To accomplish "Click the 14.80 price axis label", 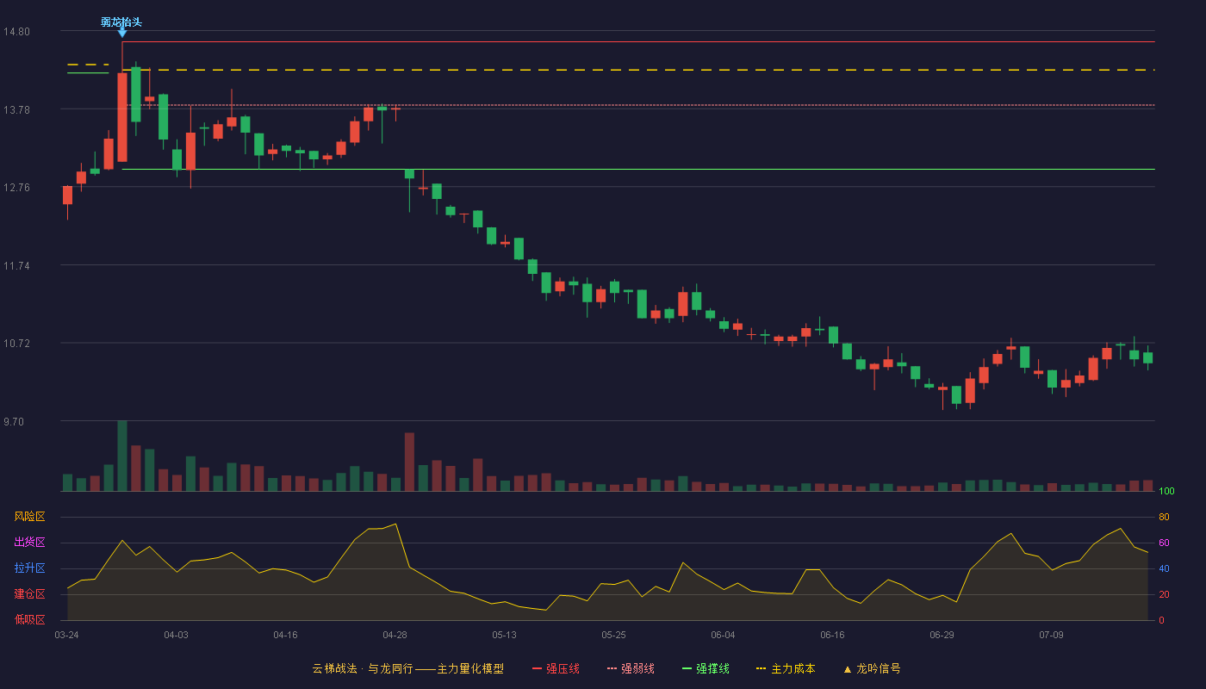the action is pos(16,32).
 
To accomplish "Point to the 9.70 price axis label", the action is pos(14,421).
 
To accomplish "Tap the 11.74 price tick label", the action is pos(16,266).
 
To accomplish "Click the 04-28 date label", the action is pos(395,636).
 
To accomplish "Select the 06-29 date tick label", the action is pos(942,636).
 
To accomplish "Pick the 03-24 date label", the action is pos(67,636).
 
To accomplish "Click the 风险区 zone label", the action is pos(29,517).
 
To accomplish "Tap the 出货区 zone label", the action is pos(29,542).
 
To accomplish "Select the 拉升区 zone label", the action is pos(29,568).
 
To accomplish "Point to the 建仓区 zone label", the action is pos(29,593).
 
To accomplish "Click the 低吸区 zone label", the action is pos(29,619).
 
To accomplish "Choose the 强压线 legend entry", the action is pos(556,668).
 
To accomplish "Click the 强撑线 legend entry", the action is pos(706,668).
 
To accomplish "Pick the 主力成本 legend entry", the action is pos(786,668).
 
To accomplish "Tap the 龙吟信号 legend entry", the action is pos(872,668).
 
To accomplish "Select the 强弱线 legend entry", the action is pos(631,668).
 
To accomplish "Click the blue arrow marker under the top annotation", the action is pos(122,33).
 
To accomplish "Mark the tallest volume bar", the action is pos(122,456).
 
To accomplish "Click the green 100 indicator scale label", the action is pos(1166,491).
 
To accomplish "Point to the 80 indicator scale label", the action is pos(1164,517).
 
